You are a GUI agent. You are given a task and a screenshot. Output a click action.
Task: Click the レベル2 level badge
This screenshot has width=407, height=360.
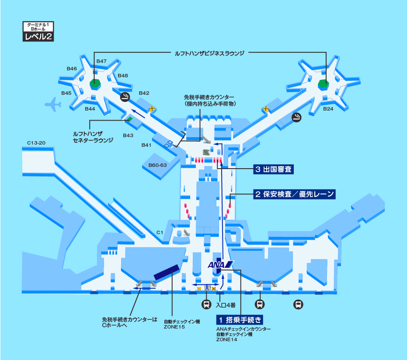point(38,37)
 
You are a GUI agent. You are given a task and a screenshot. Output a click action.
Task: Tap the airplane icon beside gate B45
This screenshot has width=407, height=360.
point(53,104)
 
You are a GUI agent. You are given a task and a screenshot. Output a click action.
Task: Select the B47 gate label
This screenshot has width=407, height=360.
point(101,61)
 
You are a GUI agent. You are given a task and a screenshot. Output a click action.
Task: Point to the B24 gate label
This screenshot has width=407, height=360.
point(328,109)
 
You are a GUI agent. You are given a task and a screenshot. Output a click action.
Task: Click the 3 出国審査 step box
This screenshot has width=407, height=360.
point(273,170)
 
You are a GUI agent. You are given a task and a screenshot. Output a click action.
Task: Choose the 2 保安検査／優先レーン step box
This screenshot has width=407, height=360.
point(294,194)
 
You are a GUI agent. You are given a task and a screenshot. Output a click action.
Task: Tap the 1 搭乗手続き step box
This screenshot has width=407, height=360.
point(240,320)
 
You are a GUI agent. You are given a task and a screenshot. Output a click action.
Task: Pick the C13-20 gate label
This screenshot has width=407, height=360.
point(36,143)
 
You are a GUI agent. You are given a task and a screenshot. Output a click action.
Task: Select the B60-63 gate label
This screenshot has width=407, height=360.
point(157,165)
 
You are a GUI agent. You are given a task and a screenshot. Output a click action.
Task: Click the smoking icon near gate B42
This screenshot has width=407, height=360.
point(125,97)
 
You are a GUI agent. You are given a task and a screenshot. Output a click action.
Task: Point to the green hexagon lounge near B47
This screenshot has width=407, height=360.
point(94,83)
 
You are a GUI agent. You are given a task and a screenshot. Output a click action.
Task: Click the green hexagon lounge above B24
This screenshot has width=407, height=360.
point(323,83)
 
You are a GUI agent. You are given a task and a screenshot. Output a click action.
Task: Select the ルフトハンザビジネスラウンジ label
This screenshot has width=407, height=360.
point(209,52)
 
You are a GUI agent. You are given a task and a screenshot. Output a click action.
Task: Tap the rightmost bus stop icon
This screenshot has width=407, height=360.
point(298,305)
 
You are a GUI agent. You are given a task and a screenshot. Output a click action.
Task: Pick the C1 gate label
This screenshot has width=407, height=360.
point(160,232)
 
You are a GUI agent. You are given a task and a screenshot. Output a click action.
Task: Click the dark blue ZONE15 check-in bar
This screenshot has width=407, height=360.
point(167,272)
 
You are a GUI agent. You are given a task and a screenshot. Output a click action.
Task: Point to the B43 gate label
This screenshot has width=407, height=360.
point(128,135)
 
